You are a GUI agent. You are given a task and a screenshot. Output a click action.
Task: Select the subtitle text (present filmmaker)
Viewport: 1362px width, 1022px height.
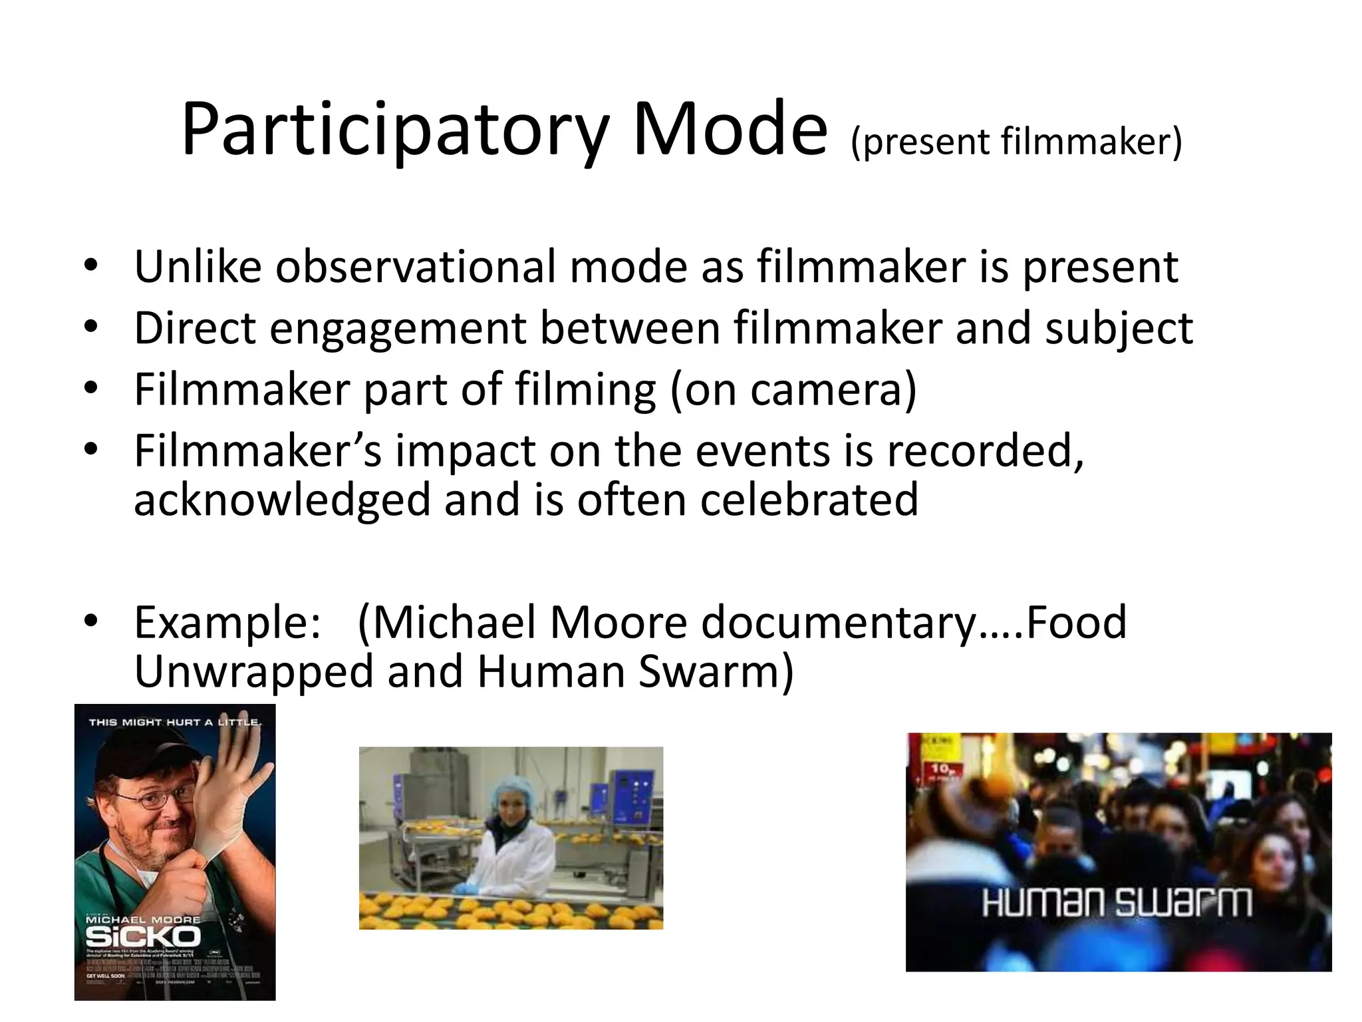tap(1016, 142)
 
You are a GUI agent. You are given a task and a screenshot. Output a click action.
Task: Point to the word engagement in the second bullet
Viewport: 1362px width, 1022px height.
tap(398, 329)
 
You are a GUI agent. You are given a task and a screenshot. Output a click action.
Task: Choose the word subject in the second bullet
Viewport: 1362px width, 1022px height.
tap(1119, 329)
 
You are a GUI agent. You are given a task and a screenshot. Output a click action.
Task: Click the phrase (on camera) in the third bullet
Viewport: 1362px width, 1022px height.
tap(793, 390)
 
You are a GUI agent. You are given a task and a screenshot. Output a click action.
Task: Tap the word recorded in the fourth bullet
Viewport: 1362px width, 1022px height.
tap(985, 451)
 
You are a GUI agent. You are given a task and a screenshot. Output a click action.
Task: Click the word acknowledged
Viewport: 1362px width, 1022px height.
tap(282, 500)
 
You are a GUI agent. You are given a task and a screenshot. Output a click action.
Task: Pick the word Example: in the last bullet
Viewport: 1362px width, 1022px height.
tap(227, 623)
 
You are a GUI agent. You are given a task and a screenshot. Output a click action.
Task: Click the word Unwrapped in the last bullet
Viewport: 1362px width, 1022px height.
tap(254, 672)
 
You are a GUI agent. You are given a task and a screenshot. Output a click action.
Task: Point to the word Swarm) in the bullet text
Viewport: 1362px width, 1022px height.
tap(716, 672)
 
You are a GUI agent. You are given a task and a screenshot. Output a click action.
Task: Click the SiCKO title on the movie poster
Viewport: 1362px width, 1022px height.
tap(143, 937)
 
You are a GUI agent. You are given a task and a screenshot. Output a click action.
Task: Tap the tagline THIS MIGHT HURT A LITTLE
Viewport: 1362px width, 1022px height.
tap(174, 722)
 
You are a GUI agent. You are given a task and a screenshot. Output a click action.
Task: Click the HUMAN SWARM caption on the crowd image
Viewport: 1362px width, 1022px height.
tap(1117, 903)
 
